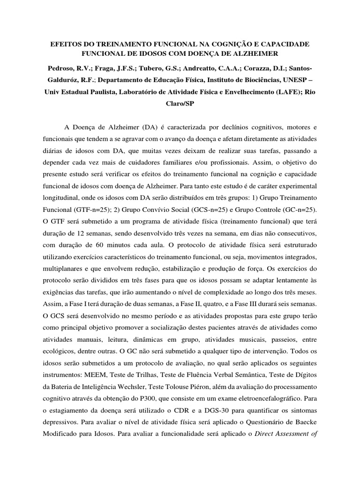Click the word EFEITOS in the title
(66, 44)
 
